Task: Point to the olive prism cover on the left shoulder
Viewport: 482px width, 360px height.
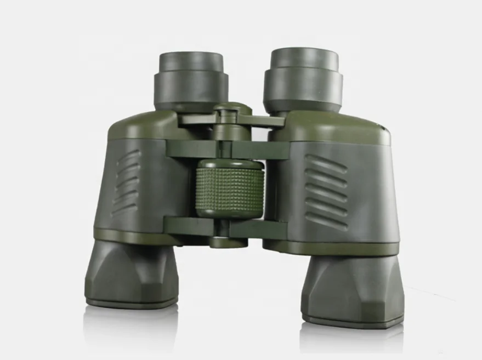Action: pos(140,125)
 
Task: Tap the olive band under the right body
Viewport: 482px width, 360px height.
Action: pos(334,248)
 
